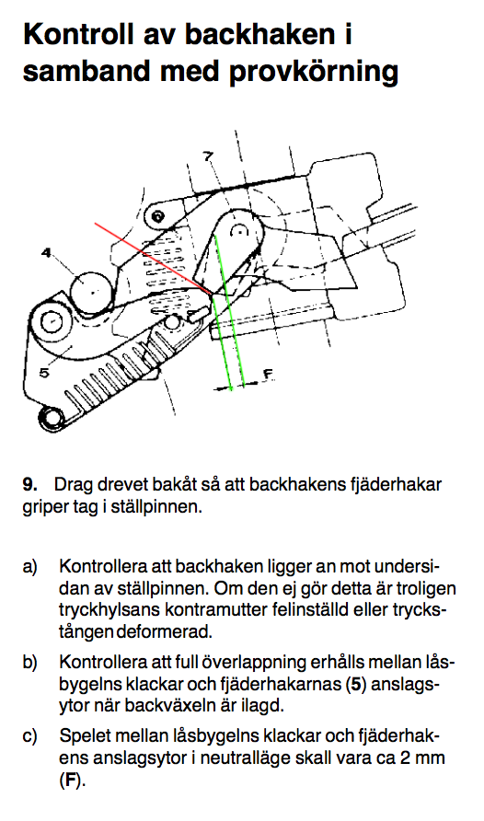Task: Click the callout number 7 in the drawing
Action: [208, 156]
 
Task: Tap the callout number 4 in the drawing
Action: [47, 253]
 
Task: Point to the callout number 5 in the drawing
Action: [44, 372]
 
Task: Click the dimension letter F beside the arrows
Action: [268, 374]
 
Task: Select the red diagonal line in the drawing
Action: [153, 259]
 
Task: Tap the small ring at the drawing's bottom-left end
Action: [51, 418]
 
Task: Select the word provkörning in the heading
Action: [314, 72]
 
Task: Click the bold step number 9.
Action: [29, 484]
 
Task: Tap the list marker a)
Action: [30, 567]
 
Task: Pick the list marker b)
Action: [30, 663]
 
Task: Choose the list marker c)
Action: [30, 736]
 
